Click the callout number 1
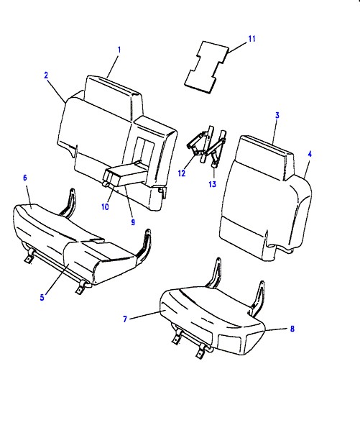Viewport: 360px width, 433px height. [119, 50]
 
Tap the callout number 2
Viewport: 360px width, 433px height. [46, 75]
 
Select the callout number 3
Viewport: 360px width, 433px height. [277, 115]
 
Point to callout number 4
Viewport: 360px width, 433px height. [310, 154]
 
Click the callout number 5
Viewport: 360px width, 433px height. [42, 297]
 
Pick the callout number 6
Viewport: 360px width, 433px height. [25, 178]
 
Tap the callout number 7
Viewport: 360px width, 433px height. [125, 319]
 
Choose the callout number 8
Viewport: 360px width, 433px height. [292, 329]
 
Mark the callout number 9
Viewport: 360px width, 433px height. [133, 222]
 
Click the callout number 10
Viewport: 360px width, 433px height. [105, 206]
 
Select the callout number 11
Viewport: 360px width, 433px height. [252, 39]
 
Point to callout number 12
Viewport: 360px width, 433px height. [182, 173]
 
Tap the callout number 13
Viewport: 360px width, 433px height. [213, 184]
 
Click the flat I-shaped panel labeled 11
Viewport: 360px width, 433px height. [206, 67]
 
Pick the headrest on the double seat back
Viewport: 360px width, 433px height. [113, 96]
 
